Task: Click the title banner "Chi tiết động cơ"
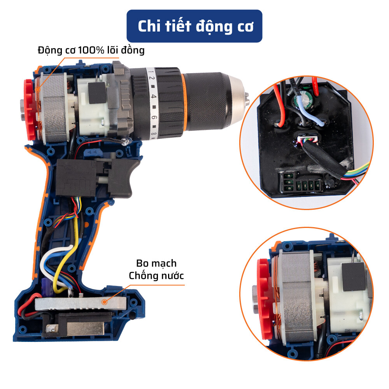click(x=195, y=26)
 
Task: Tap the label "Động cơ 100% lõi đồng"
click(x=91, y=50)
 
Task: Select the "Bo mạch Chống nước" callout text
click(x=156, y=270)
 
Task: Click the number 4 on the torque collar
click(x=154, y=96)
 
